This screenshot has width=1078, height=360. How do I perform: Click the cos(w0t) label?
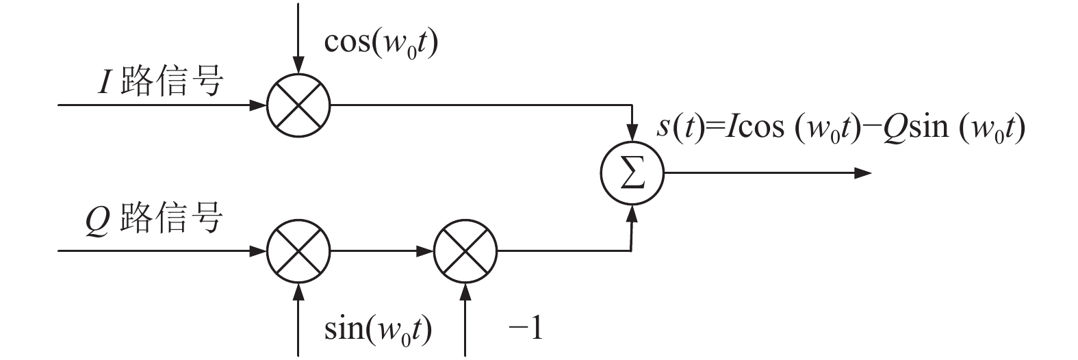(x=381, y=43)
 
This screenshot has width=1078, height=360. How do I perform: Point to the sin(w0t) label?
(x=378, y=330)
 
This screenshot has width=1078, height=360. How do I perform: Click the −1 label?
(x=526, y=329)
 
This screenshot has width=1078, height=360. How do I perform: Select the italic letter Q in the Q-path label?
(x=98, y=220)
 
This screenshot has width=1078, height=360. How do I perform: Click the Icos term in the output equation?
(x=754, y=127)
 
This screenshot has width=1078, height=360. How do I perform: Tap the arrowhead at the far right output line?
(x=863, y=172)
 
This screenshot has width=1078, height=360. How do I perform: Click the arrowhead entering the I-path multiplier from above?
(x=299, y=66)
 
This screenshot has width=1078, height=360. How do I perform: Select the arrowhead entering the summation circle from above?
(x=632, y=132)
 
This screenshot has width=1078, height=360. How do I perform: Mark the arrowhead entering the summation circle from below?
(x=632, y=214)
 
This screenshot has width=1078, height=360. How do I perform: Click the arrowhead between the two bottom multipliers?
(x=425, y=250)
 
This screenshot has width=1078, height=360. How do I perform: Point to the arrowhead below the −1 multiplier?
(x=465, y=292)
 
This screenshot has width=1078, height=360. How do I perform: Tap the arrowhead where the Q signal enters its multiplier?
(x=259, y=250)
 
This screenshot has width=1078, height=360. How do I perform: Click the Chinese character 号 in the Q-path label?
(x=207, y=218)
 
